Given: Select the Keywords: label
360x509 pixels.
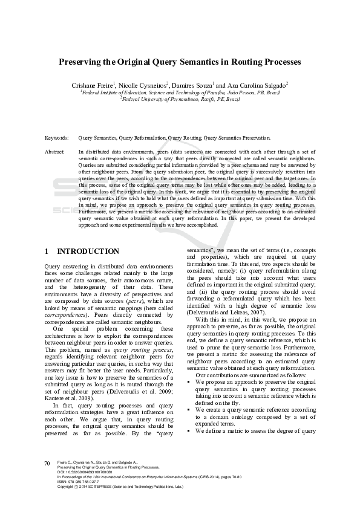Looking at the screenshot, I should point(57,138).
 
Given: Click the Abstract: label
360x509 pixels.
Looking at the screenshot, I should point(56,152).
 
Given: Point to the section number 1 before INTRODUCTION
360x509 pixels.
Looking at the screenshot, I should point(47,251).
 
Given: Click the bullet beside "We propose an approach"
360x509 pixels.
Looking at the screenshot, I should point(189,383).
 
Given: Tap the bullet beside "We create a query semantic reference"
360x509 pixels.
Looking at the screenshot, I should point(189,410).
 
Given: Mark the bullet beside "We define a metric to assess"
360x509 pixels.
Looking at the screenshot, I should point(189,430).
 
